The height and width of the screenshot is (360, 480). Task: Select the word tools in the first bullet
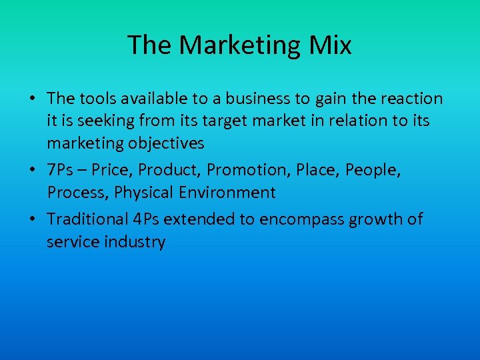click(97, 99)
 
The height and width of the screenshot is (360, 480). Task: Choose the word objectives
click(165, 143)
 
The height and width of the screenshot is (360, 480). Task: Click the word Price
click(111, 170)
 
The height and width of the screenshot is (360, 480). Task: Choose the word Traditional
click(87, 219)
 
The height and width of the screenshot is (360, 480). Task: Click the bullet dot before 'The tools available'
click(32, 99)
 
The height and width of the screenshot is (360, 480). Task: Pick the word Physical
click(141, 193)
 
